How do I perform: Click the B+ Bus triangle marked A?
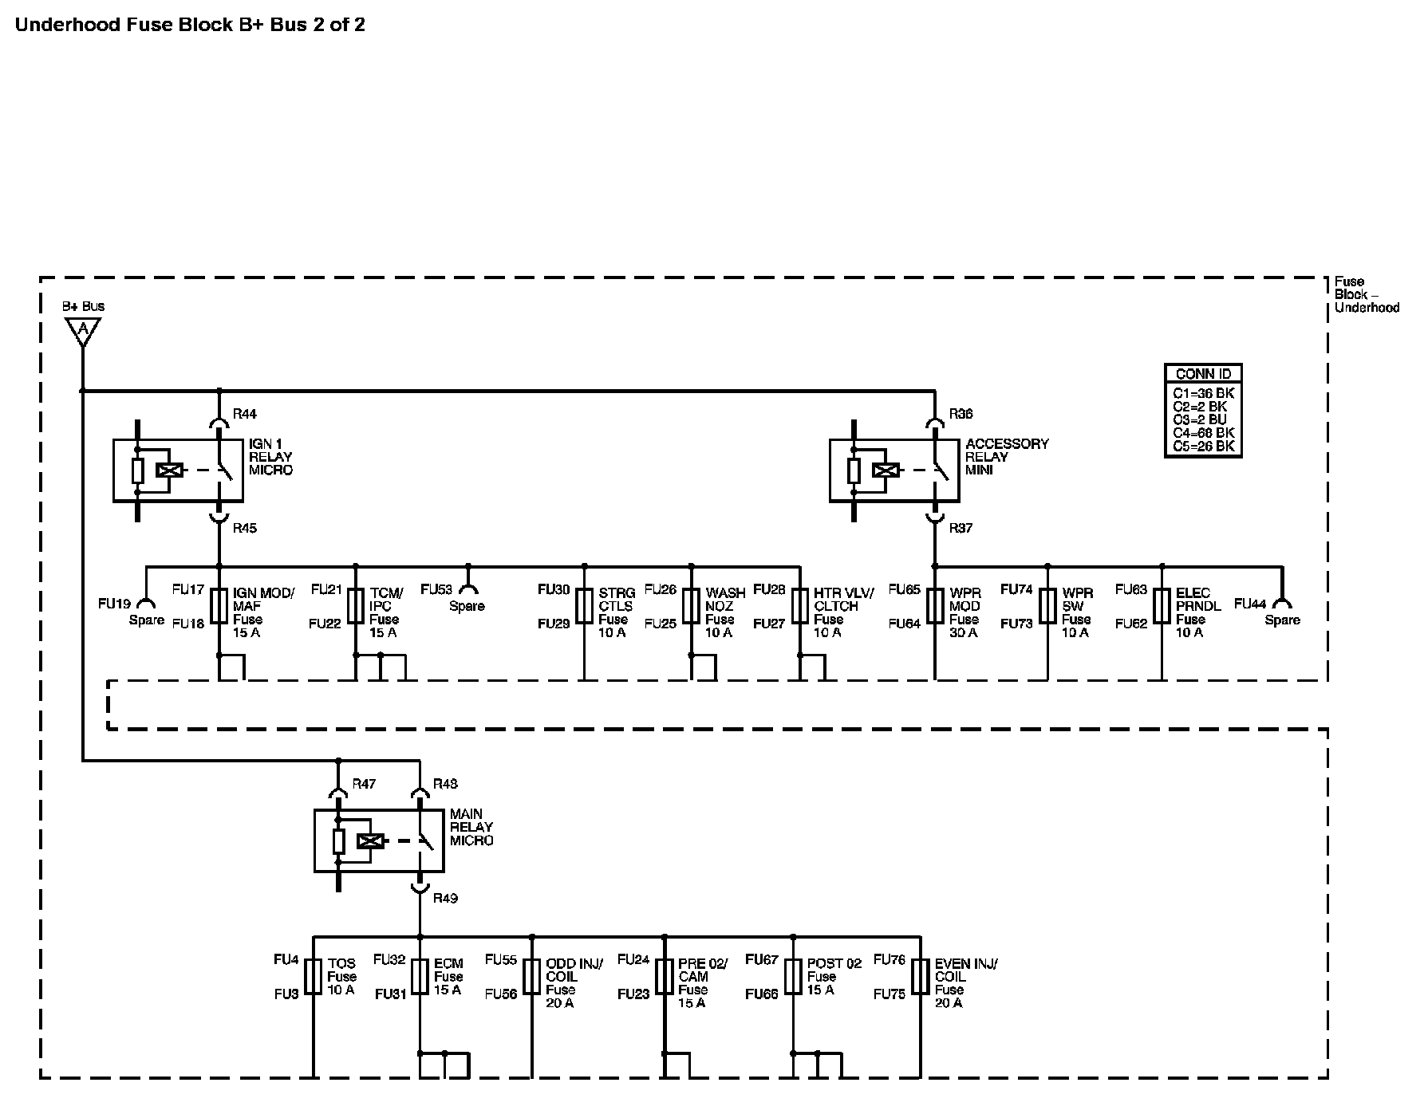coord(82,329)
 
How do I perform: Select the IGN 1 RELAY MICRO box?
coord(178,470)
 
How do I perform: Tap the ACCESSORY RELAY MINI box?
coord(894,470)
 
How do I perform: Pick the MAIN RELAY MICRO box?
coord(379,840)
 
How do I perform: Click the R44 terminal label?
coord(244,414)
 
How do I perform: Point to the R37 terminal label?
coord(961,528)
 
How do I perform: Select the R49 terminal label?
coord(445,898)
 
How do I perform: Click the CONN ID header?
coord(1203,374)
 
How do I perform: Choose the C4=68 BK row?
coord(1203,433)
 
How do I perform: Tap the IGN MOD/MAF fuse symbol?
coord(219,605)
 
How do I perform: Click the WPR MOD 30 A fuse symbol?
coord(935,605)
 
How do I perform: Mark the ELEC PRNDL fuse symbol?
coord(1162,605)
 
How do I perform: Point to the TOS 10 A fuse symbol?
coord(314,976)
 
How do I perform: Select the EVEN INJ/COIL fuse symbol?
coord(921,976)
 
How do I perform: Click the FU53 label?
coord(436,590)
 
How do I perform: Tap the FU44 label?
coord(1250,604)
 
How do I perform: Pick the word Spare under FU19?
coord(147,620)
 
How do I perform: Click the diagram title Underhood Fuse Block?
coord(190,25)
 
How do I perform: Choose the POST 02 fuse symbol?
coord(793,976)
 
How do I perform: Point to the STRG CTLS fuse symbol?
coord(584,605)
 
